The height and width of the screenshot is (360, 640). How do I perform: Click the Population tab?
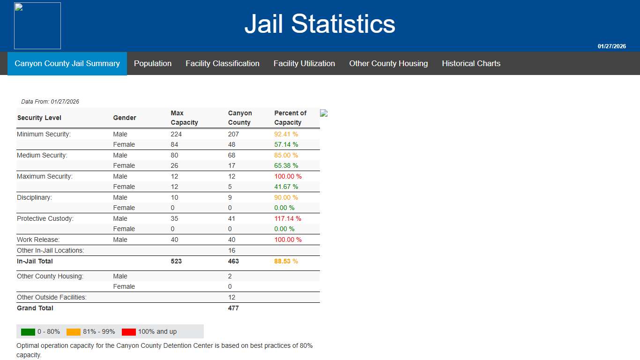(153, 63)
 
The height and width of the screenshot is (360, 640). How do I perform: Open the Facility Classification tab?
(223, 63)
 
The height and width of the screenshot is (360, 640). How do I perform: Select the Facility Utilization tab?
(304, 63)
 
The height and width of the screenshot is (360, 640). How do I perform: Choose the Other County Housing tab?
(388, 63)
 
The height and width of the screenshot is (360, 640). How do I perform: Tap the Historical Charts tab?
(471, 63)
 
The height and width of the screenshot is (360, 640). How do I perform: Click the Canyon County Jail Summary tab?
(67, 63)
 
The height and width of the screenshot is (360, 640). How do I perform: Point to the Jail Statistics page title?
(320, 23)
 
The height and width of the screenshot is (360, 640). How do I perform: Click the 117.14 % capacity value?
(288, 218)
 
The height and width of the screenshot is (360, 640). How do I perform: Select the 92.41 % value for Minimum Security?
(286, 134)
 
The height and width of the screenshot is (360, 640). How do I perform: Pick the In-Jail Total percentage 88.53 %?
(286, 261)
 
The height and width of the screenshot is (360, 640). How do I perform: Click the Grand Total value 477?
(233, 308)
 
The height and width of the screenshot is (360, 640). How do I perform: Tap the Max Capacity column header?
(184, 118)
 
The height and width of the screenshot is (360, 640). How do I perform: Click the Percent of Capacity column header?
(290, 118)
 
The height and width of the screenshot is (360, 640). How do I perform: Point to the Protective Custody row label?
(45, 218)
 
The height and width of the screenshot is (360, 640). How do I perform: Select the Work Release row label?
(38, 240)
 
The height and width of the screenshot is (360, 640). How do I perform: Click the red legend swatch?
(129, 332)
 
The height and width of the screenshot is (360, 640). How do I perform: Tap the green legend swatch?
(28, 332)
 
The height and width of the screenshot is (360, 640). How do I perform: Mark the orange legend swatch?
(74, 332)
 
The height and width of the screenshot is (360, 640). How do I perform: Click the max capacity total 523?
(176, 261)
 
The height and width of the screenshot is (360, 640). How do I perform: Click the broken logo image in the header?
(37, 26)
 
